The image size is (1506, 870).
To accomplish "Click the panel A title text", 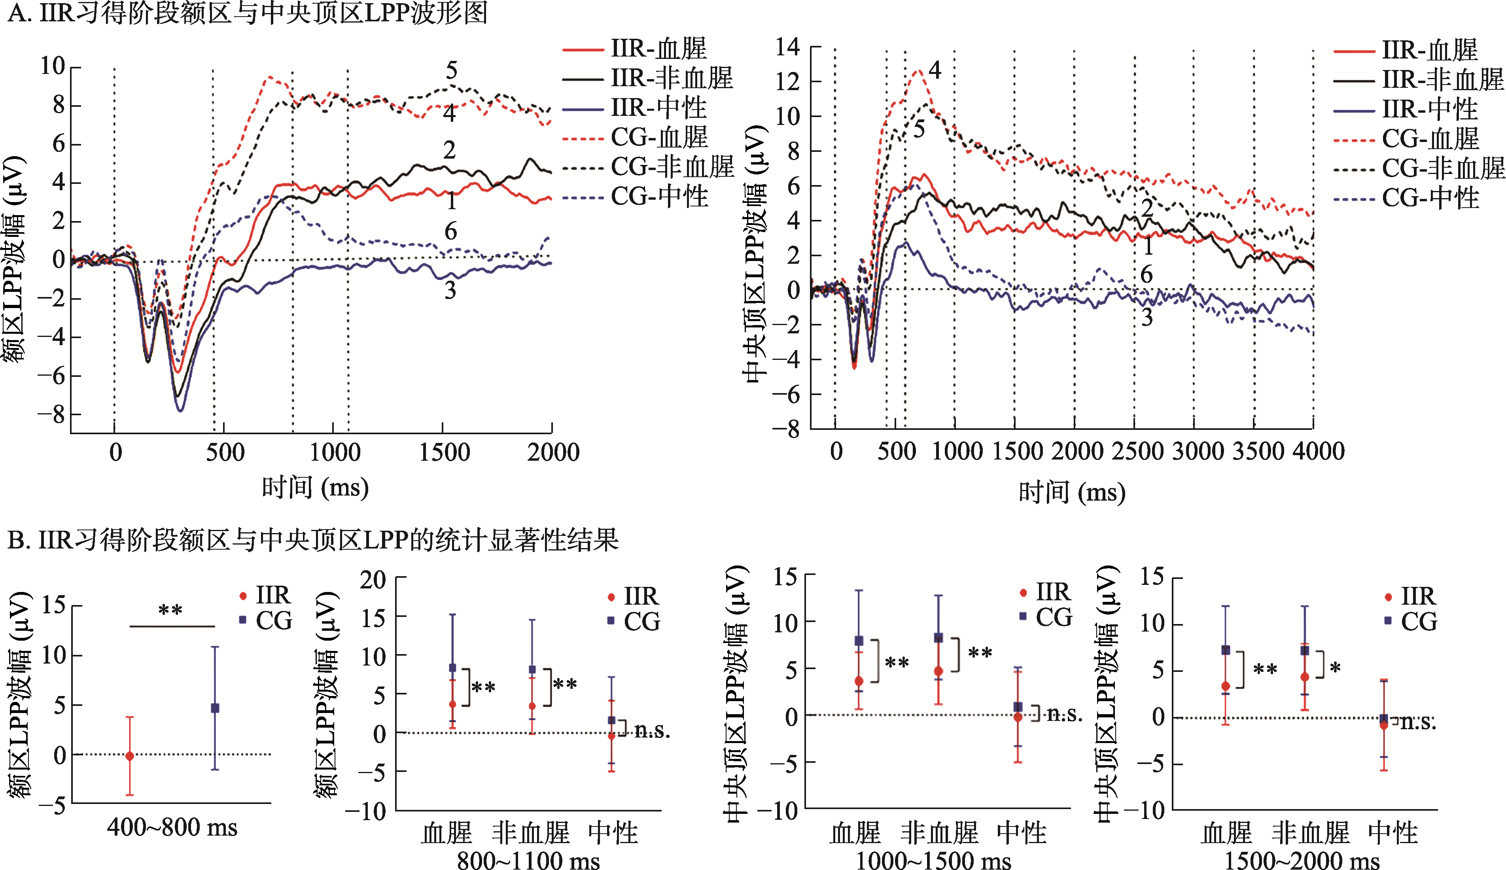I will (248, 13).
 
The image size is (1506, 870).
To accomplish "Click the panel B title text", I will (313, 540).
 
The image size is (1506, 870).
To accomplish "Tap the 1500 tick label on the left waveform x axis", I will (444, 452).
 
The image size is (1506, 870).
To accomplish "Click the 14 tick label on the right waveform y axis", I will (787, 47).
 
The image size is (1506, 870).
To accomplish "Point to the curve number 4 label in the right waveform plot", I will (935, 70).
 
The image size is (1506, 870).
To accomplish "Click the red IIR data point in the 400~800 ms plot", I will (130, 756).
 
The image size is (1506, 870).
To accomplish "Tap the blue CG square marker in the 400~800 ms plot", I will (215, 708).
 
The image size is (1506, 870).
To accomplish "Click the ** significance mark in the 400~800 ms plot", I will (170, 611).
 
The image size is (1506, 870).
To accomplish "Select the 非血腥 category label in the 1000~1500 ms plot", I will (939, 832).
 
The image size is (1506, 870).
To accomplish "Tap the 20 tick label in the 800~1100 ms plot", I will (373, 580).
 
